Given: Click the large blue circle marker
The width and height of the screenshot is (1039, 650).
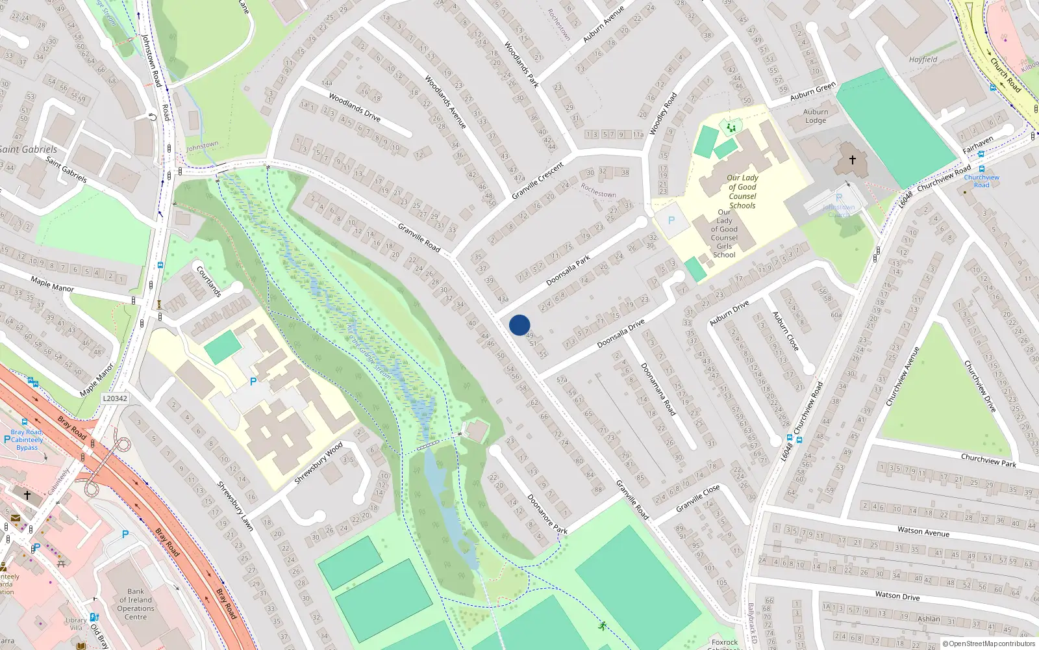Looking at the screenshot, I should click(x=519, y=325).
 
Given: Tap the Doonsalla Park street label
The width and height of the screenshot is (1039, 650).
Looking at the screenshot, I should click(x=568, y=270).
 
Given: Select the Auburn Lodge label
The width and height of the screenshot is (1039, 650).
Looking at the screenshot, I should click(x=816, y=116).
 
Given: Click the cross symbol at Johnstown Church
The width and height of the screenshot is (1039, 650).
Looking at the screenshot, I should click(x=852, y=159).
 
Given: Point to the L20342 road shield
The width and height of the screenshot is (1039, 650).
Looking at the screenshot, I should click(x=115, y=398).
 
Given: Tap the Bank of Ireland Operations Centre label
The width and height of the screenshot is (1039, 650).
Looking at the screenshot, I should click(x=136, y=604).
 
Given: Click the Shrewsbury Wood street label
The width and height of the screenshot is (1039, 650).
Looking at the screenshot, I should click(x=318, y=463).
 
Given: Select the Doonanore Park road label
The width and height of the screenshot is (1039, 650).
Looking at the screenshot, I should click(x=547, y=514).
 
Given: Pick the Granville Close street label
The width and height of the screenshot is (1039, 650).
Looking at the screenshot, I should click(x=697, y=498).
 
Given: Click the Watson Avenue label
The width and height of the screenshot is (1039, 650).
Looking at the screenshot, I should click(x=923, y=532).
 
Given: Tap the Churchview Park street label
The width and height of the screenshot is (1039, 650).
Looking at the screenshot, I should click(x=988, y=460).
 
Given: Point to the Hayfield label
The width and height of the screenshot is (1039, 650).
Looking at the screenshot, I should click(x=923, y=60).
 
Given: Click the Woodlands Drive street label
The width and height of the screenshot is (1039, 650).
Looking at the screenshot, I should click(x=354, y=107).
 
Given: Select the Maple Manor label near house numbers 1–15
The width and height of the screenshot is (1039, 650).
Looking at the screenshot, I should click(x=52, y=284).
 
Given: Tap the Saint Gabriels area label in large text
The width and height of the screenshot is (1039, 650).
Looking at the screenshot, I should click(x=29, y=149).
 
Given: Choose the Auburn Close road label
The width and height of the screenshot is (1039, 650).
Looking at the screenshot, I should click(x=785, y=331).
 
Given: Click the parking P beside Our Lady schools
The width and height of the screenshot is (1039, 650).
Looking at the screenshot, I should click(x=671, y=220).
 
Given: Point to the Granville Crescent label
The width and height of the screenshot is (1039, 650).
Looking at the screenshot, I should click(x=538, y=181).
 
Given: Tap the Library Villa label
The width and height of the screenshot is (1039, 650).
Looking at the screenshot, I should click(x=76, y=624).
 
